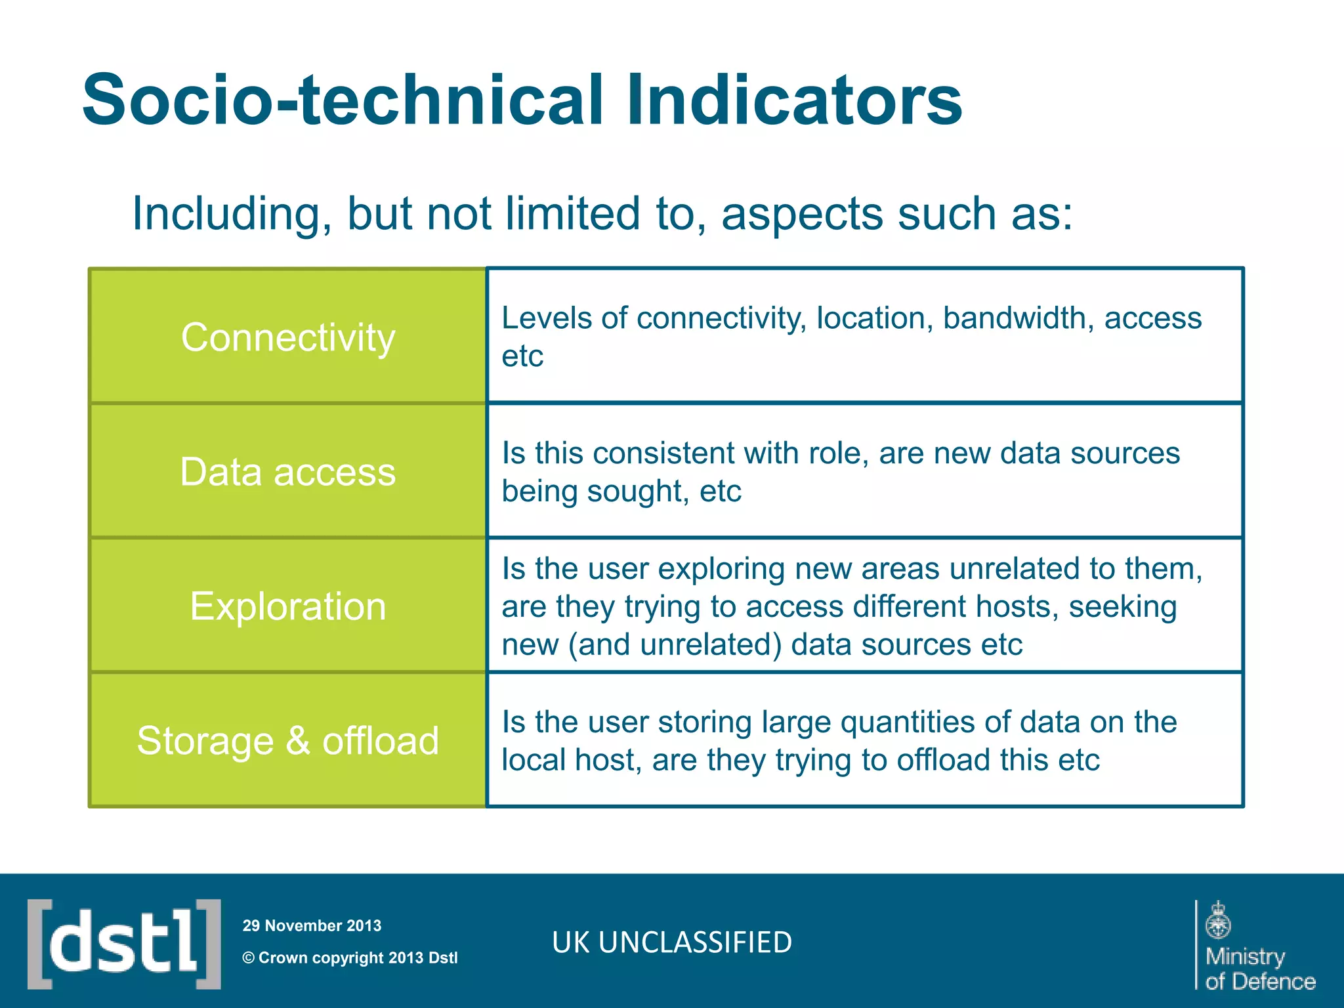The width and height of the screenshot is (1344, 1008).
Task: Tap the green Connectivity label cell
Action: pos(288,337)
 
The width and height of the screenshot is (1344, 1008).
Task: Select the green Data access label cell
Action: pos(288,472)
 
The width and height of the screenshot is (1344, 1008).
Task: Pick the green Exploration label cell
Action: pos(288,606)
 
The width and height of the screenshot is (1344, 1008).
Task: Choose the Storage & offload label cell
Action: pos(288,741)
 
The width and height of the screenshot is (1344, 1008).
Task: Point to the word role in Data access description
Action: pos(833,453)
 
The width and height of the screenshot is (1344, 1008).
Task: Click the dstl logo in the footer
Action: pos(124,944)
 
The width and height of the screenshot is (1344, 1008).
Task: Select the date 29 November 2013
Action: pos(312,926)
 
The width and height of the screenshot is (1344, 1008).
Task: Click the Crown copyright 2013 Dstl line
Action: pos(350,958)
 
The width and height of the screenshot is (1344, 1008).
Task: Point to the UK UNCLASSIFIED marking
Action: pos(672,942)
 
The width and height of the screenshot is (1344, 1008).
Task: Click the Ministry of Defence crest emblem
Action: pos(1219,920)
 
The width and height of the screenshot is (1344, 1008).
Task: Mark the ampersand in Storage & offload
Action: pos(298,741)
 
